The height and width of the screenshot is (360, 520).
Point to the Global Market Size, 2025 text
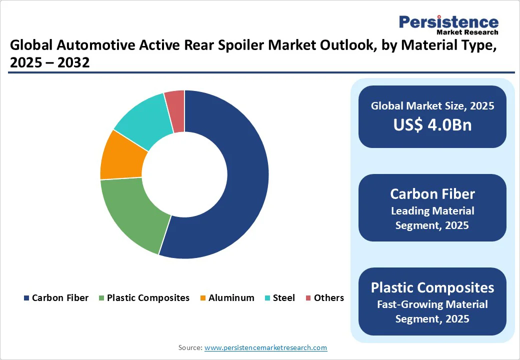click(432, 106)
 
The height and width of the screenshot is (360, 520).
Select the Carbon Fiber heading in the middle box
click(432, 194)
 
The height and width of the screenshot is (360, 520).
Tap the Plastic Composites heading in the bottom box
click(432, 287)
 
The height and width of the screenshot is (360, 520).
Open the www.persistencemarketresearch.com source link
click(265, 347)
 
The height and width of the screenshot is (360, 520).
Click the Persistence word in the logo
click(448, 22)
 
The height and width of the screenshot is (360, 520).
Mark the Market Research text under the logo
click(467, 32)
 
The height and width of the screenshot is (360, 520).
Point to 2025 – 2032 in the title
click(49, 63)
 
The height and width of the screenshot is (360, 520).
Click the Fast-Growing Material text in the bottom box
click(432, 304)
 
